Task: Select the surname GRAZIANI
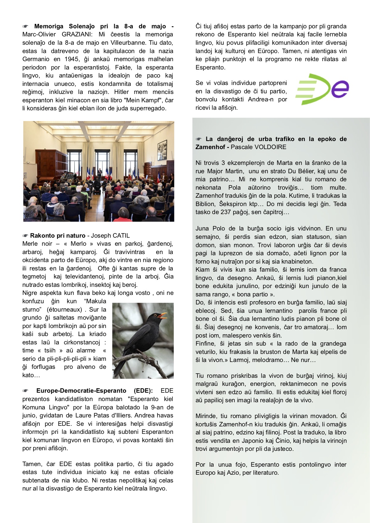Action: pyautogui.click(x=77, y=34)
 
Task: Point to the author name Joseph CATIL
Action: pyautogui.click(x=110, y=236)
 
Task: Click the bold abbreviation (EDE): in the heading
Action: pyautogui.click(x=143, y=391)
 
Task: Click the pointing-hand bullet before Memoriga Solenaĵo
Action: pyautogui.click(x=26, y=27)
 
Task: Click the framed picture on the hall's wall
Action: pyautogui.click(x=162, y=146)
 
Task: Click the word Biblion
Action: pyautogui.click(x=205, y=204)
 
